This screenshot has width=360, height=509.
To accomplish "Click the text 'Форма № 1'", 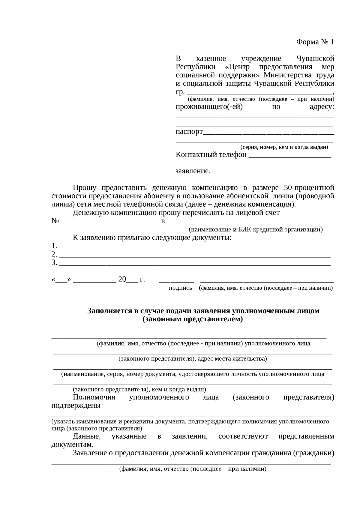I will [315, 42].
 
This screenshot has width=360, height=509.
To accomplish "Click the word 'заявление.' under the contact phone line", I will [193, 171].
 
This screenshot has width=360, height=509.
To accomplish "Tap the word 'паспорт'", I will [189, 132].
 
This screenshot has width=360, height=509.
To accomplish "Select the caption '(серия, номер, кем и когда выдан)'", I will [284, 147].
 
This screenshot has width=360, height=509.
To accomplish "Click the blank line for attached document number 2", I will [195, 256].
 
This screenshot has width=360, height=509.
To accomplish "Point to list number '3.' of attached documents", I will [54, 263].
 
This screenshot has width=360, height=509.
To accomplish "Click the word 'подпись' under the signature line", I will [180, 288].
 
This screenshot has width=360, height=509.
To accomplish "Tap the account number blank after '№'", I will [109, 223].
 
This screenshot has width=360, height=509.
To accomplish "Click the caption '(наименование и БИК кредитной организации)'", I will [256, 230].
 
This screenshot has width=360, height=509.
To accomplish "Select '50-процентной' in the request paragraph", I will [309, 188].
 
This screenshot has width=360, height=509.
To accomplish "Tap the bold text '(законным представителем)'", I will [193, 319].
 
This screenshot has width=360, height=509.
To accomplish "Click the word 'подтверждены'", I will [76, 406].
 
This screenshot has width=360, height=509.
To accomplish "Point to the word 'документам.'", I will [72, 445].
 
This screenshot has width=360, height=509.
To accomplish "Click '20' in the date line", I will [122, 280].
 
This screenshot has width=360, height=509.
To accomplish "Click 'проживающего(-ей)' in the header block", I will [209, 107].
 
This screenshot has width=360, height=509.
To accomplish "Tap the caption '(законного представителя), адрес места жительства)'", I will [193, 359].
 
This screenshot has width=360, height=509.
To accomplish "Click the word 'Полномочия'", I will [94, 397].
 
